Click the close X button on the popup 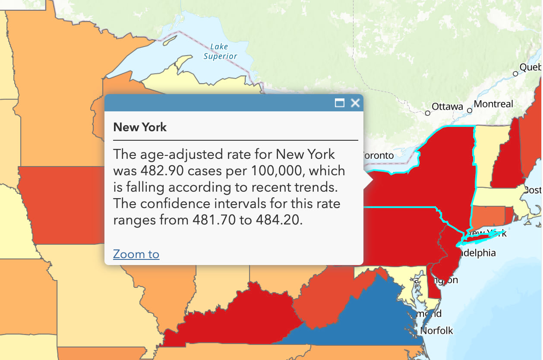coord(355,103)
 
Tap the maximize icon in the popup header coord(340,103)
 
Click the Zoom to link coord(136,254)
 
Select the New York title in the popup coord(140,127)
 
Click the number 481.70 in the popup coord(214,220)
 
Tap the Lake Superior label coord(220,51)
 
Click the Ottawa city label coord(447,107)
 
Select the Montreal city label coord(493,104)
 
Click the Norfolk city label coord(436,331)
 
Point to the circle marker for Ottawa coord(427,113)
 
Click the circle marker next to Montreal coord(470,111)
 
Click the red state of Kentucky coord(242,315)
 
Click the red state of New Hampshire coord(505,164)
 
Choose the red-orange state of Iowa coord(60,203)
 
